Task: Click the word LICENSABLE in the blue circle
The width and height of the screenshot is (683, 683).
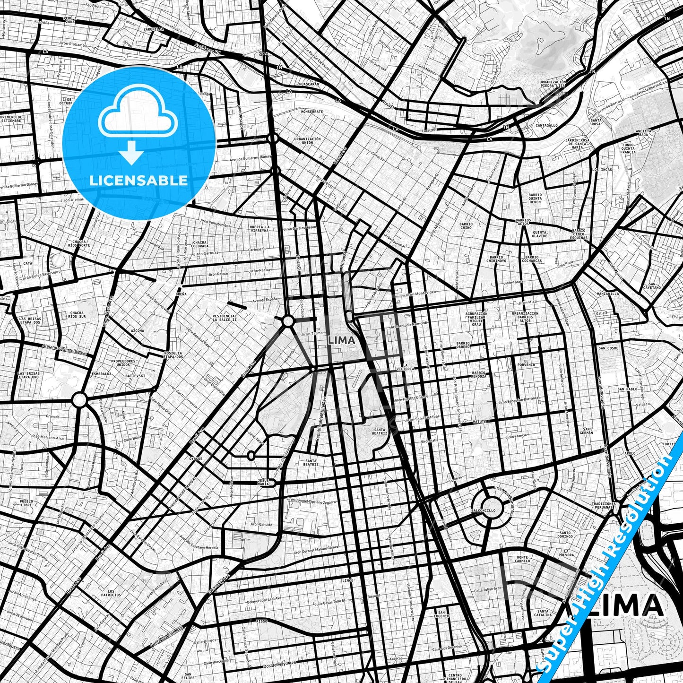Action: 139,180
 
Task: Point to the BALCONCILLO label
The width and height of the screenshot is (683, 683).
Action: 484,510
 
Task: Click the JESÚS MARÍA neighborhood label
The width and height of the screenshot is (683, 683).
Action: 264,482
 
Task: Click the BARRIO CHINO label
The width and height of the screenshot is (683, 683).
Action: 466,226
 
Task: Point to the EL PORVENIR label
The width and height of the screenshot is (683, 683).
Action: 526,363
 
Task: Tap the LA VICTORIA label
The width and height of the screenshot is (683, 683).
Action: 406,367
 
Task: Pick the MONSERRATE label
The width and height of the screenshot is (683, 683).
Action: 311,112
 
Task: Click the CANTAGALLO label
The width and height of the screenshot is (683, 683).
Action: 546,125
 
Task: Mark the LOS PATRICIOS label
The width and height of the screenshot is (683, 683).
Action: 114,593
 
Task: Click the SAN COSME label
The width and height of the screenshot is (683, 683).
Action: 608,348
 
